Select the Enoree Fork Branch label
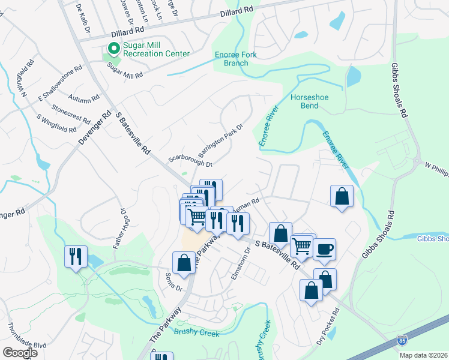tap(232, 59)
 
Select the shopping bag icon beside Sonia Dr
tap(184, 262)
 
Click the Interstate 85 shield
tap(401, 340)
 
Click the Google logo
tap(20, 353)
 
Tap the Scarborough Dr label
tap(190, 160)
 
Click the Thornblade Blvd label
tap(27, 337)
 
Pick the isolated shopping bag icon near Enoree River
tap(342, 196)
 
